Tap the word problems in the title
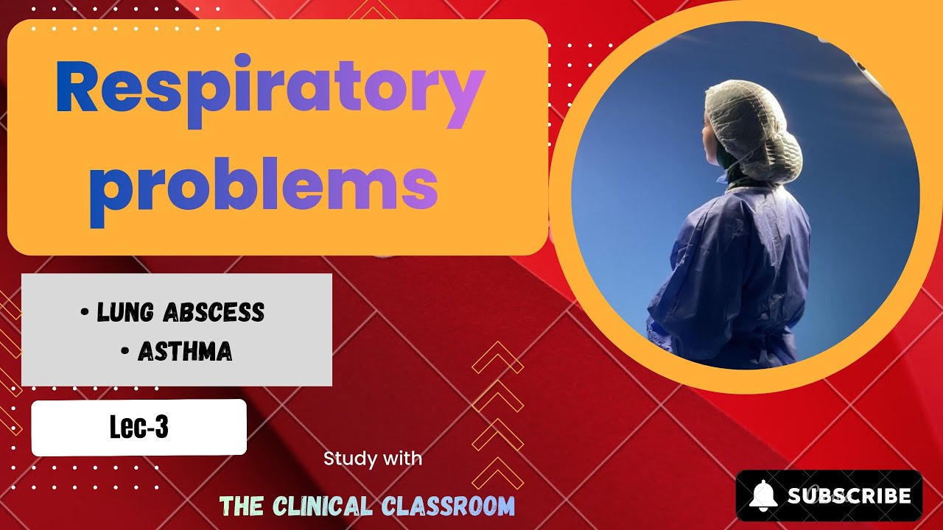click(263, 185)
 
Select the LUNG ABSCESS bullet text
click(180, 313)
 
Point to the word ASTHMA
click(185, 353)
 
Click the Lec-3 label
click(139, 428)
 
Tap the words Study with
click(373, 459)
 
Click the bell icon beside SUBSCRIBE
click(763, 495)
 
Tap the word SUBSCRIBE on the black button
click(849, 496)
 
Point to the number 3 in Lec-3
click(161, 428)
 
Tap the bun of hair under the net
click(781, 151)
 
